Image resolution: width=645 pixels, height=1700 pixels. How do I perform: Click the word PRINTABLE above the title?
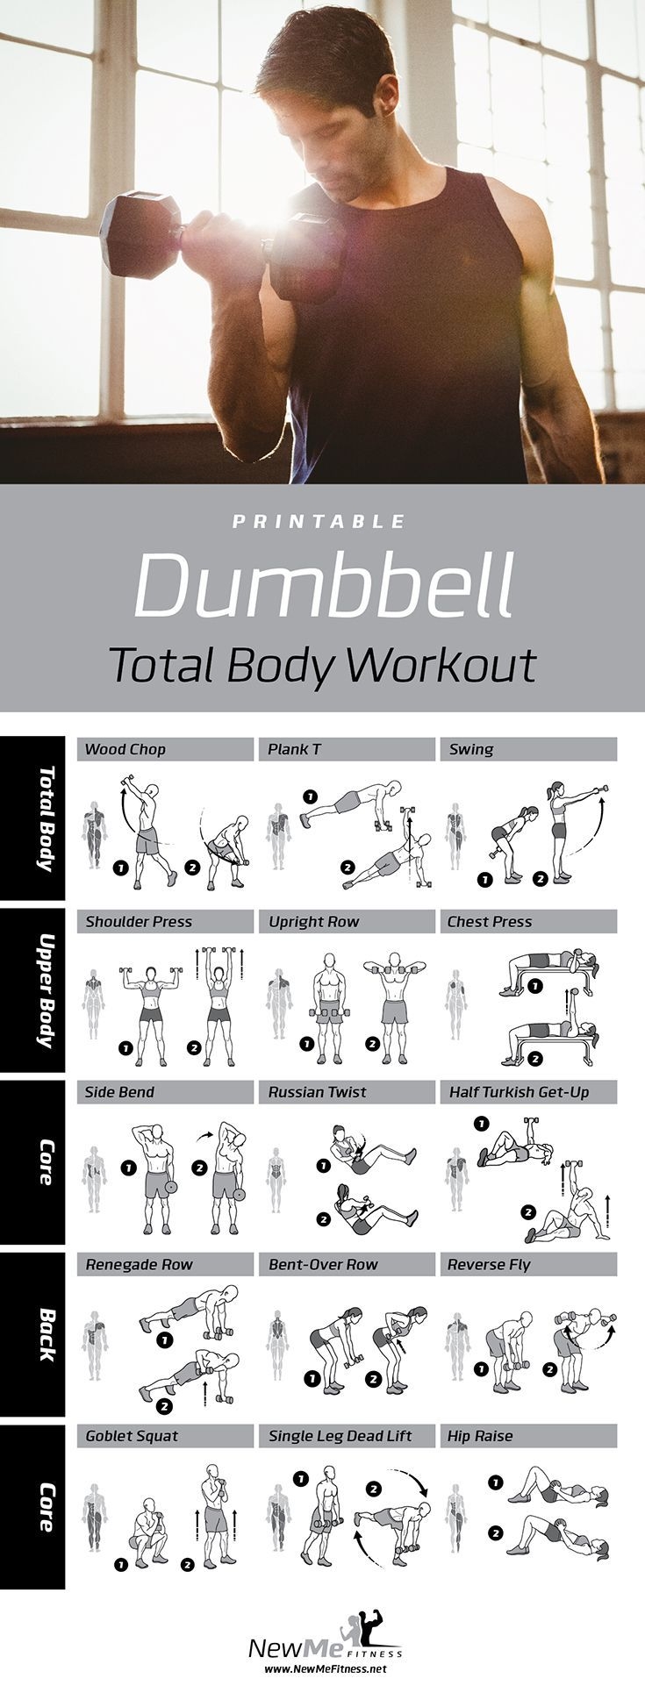point(319,522)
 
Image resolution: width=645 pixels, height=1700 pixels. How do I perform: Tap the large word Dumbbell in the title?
point(324,585)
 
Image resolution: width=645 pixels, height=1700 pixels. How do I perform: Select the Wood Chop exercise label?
point(125,749)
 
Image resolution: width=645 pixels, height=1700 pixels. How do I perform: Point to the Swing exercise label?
point(471,749)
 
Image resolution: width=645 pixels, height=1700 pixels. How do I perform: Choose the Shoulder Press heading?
point(139,921)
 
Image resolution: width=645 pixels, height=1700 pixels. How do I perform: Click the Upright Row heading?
point(314,921)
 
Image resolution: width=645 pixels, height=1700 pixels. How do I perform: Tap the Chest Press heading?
point(490,921)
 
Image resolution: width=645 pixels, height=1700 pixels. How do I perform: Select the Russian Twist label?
point(318,1092)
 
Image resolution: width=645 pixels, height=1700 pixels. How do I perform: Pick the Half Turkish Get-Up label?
point(519,1092)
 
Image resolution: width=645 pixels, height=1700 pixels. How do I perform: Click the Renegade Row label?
point(139,1264)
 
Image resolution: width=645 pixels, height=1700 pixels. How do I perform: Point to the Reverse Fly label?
point(489,1264)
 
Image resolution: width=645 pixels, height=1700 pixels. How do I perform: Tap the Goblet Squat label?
point(132,1436)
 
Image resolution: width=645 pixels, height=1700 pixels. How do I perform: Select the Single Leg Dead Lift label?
point(340,1436)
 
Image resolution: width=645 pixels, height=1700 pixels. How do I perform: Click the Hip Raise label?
point(480,1436)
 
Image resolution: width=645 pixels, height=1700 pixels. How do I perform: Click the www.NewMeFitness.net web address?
point(325,1668)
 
